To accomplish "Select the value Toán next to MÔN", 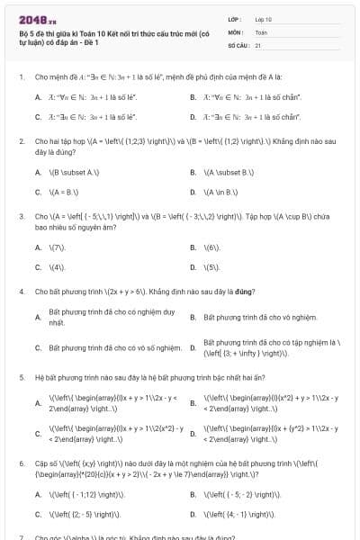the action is pyautogui.click(x=260, y=31).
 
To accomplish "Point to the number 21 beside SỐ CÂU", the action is pyautogui.click(x=258, y=44).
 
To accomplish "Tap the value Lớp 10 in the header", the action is pyautogui.click(x=264, y=19).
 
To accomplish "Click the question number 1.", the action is pyautogui.click(x=21, y=77).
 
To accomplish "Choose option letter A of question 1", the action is pyautogui.click(x=38, y=96).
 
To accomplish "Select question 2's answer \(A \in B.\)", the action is pyautogui.click(x=223, y=192).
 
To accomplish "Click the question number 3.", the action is pyautogui.click(x=21, y=217).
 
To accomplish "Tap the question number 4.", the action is pyautogui.click(x=21, y=292).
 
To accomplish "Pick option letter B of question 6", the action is pyautogui.click(x=193, y=494).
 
